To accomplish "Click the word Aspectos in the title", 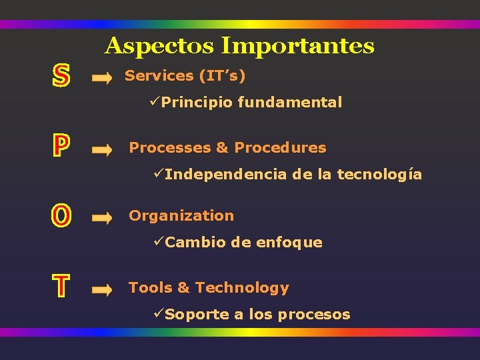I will click(160, 47).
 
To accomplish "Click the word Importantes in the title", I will click(297, 47).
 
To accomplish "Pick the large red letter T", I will click(61, 287).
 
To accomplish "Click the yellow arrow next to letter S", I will click(102, 79).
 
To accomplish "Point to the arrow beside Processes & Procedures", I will click(102, 151).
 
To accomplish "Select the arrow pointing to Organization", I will click(102, 218).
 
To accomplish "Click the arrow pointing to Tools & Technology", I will click(102, 290).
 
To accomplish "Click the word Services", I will click(159, 76).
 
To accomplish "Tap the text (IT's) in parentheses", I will click(222, 76).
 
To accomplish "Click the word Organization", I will click(181, 216).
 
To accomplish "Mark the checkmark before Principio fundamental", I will click(155, 102).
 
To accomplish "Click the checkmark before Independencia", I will click(158, 174).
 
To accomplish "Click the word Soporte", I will click(197, 315).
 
